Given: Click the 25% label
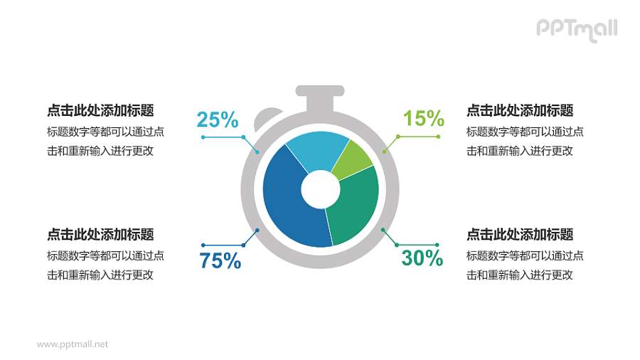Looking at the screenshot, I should [x=218, y=120].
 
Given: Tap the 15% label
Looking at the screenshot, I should [x=423, y=118].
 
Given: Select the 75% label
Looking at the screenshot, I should [x=220, y=261].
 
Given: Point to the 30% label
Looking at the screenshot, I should [x=422, y=258].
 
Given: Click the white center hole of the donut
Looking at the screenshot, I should [x=320, y=189].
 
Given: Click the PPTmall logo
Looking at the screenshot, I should [x=576, y=29].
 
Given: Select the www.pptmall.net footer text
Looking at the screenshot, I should [x=73, y=344].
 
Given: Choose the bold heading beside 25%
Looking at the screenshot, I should [x=100, y=110].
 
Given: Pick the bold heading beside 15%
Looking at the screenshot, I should [x=520, y=110].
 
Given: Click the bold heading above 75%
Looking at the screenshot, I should [x=100, y=235].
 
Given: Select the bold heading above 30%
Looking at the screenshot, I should [x=520, y=235].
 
